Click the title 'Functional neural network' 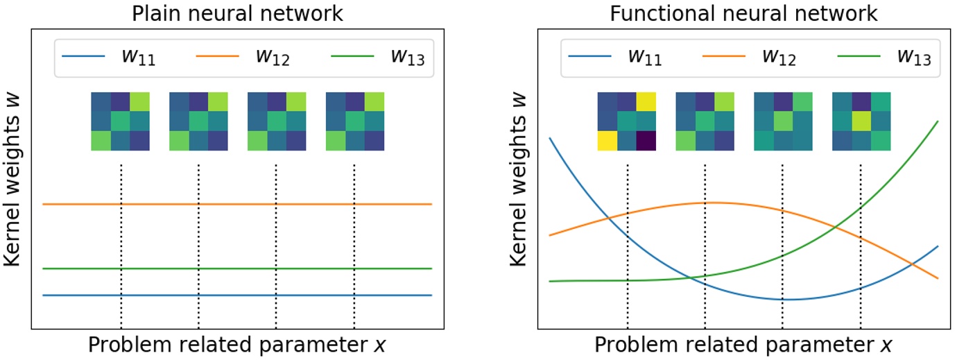point(743,13)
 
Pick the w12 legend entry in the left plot point(243,58)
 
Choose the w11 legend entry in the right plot point(614,58)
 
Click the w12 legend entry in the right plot point(749,58)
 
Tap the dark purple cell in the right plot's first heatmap point(646,141)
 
